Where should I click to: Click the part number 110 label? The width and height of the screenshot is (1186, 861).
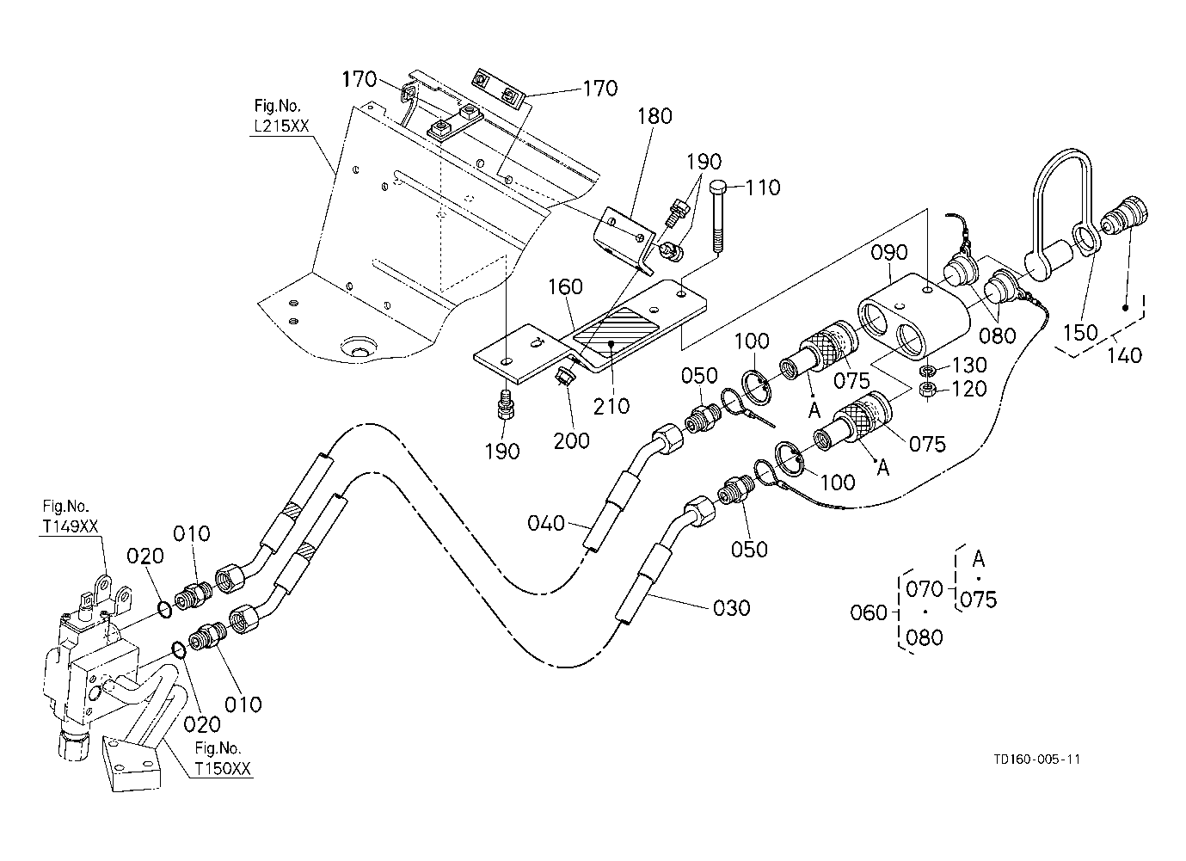(762, 188)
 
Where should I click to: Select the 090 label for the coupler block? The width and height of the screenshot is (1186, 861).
(889, 253)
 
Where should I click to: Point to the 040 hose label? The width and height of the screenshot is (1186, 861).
(546, 523)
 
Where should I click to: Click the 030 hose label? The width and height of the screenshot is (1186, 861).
(731, 608)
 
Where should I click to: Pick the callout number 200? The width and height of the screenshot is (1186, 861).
(572, 441)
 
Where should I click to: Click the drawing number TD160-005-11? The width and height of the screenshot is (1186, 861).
(1036, 760)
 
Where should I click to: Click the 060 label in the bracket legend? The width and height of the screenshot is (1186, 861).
(868, 613)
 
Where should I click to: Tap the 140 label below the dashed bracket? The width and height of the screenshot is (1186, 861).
(1124, 354)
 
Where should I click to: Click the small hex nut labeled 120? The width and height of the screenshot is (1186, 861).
(929, 390)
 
